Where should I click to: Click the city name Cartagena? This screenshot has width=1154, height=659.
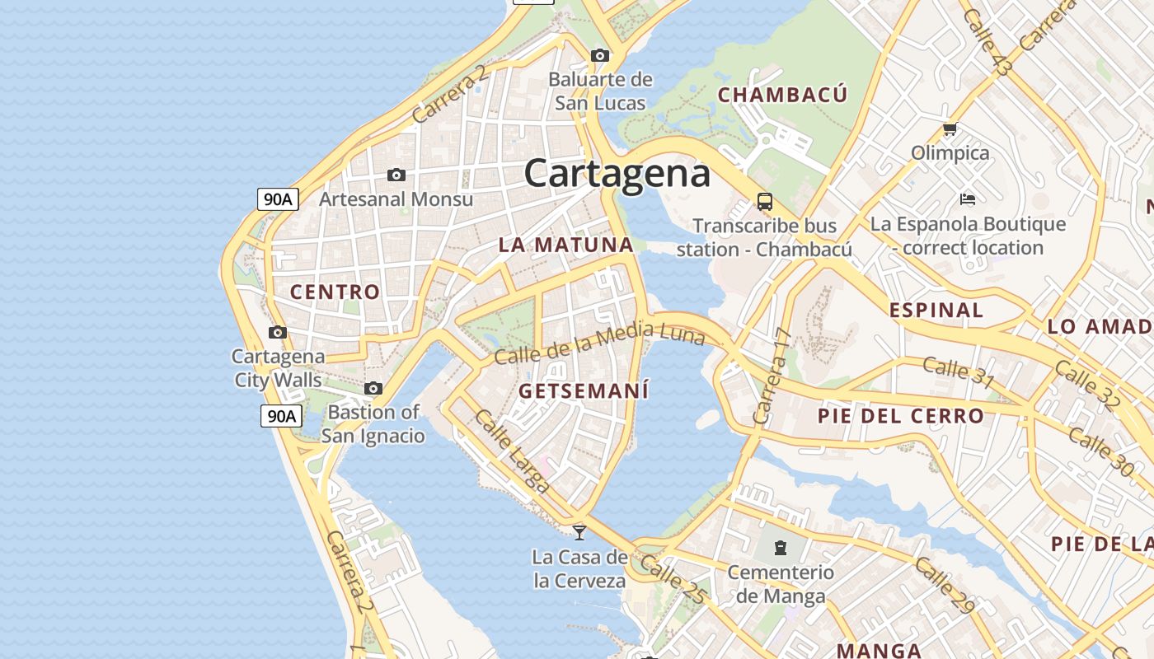617,174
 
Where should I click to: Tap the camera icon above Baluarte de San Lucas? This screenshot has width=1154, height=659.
600,56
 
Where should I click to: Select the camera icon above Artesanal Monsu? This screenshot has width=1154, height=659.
396,175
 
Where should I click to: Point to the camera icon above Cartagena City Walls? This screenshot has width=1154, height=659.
278,333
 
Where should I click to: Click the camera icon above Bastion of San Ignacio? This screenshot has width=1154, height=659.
373,389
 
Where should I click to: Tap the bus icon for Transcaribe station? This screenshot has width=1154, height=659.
765,202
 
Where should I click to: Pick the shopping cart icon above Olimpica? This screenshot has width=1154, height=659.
950,129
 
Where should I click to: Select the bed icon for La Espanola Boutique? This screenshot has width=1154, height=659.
968,199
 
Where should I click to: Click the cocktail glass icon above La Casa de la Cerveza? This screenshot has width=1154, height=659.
579,532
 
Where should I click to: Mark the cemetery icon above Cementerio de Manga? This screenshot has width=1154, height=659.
780,548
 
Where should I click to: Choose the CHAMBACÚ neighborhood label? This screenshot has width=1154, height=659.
782,95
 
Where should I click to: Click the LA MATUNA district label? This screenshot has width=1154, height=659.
565,245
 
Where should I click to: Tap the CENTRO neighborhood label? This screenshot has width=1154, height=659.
335,292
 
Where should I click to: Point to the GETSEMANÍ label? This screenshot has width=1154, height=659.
584,390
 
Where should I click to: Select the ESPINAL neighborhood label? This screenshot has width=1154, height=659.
936,311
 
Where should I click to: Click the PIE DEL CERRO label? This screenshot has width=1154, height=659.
901,416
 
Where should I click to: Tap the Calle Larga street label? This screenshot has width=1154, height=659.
512,451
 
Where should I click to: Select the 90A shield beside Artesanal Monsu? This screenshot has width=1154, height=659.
278,199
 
